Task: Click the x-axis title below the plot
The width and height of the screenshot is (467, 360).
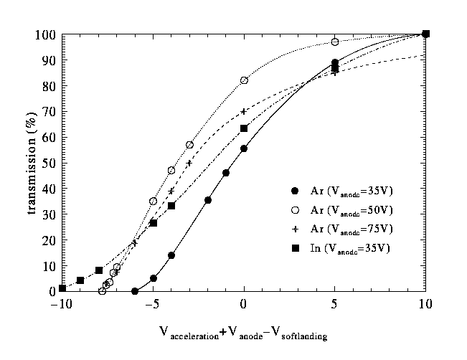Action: click(x=243, y=333)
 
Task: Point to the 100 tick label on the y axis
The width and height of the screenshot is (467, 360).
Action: click(x=48, y=34)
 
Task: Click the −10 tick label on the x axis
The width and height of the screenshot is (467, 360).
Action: click(x=62, y=305)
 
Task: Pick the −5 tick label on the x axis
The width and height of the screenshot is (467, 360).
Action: click(x=152, y=305)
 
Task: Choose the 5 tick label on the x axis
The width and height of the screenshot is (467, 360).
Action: click(x=335, y=305)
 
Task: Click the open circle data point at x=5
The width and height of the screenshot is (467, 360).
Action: click(x=335, y=42)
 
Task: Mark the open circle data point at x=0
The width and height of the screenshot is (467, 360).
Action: click(x=244, y=80)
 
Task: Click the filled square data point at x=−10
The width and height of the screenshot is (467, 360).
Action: click(x=62, y=288)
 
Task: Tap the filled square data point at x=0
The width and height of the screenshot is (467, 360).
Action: click(x=244, y=128)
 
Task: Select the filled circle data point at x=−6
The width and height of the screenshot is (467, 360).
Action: click(x=135, y=291)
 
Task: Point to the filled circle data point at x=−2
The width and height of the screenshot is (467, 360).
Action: click(x=208, y=200)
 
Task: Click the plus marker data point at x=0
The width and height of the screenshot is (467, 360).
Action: click(x=244, y=111)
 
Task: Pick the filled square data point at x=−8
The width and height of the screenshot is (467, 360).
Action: click(x=99, y=270)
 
